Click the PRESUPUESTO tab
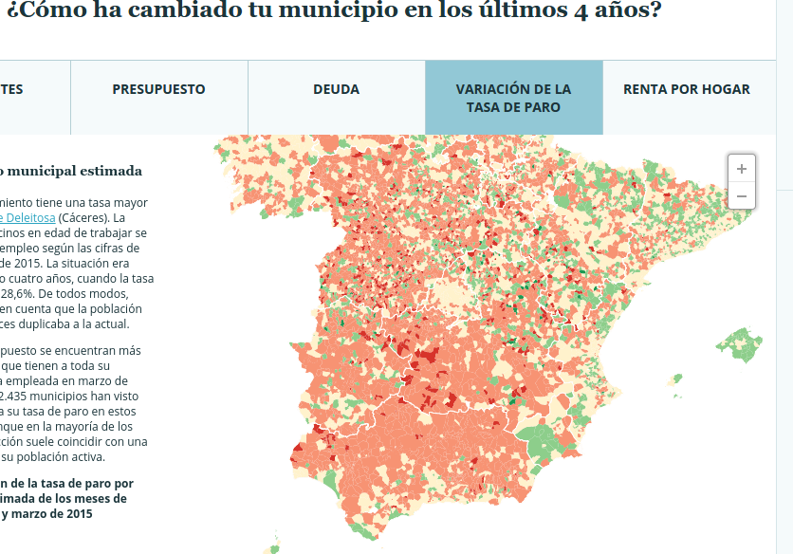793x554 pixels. (158, 89)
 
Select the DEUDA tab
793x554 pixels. (336, 89)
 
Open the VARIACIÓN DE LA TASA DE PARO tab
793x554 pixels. (513, 98)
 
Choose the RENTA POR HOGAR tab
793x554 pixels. (686, 89)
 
